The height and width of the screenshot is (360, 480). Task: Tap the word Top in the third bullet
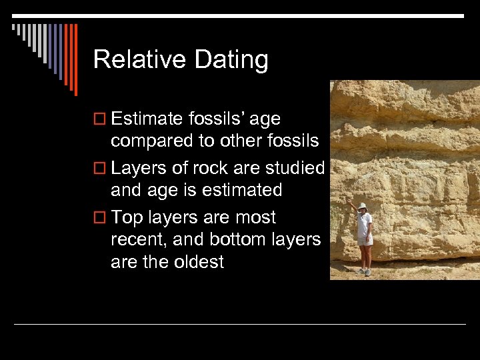[x=127, y=217]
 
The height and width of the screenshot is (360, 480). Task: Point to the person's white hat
[x=362, y=206]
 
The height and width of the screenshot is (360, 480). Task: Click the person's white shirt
[x=364, y=224]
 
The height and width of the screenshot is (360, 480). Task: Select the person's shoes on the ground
[x=364, y=271]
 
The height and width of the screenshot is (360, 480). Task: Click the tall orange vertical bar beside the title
[x=75, y=60]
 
